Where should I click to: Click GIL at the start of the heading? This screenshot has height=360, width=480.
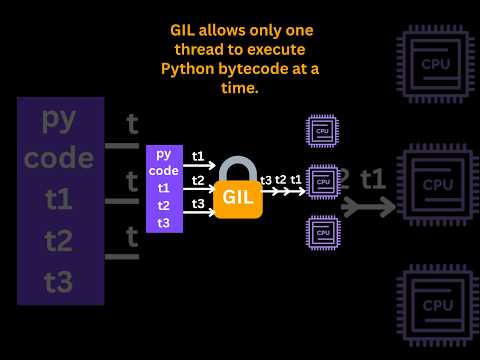pyautogui.click(x=182, y=30)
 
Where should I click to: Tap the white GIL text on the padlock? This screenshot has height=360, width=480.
pyautogui.click(x=238, y=197)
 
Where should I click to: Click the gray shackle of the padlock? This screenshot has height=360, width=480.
pyautogui.click(x=238, y=169)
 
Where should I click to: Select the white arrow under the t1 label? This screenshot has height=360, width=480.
pyautogui.click(x=199, y=165)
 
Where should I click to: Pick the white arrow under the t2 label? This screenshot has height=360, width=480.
pyautogui.click(x=199, y=189)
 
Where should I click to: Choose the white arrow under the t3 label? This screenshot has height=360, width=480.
pyautogui.click(x=199, y=212)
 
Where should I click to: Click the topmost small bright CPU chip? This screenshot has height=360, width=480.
pyautogui.click(x=322, y=131)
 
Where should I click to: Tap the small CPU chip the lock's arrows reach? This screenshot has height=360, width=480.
pyautogui.click(x=323, y=182)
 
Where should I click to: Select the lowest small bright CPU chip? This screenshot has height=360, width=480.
pyautogui.click(x=323, y=233)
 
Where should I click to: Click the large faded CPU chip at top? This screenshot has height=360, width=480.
pyautogui.click(x=436, y=64)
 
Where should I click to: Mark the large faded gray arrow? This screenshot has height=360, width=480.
pyautogui.click(x=368, y=207)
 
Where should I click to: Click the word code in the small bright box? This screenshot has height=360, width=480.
pyautogui.click(x=164, y=171)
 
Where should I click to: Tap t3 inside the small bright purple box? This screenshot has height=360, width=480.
pyautogui.click(x=164, y=223)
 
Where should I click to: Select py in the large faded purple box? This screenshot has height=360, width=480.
pyautogui.click(x=59, y=121)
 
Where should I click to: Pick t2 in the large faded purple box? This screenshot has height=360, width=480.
pyautogui.click(x=58, y=241)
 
